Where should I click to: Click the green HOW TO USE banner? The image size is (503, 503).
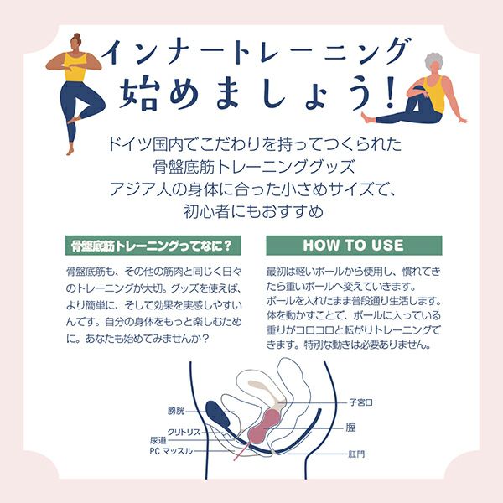(x=354, y=246)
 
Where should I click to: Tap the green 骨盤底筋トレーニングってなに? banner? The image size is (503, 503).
(x=153, y=246)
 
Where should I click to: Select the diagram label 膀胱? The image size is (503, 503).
(x=176, y=411)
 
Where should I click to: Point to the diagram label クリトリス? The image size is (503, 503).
(x=184, y=432)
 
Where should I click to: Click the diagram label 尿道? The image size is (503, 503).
(x=158, y=441)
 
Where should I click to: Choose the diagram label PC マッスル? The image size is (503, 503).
(x=171, y=451)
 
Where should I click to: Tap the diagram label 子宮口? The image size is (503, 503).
(x=360, y=402)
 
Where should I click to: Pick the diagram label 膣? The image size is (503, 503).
(x=350, y=428)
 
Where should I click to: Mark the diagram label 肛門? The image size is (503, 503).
(x=356, y=454)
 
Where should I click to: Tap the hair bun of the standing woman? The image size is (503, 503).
(x=77, y=36)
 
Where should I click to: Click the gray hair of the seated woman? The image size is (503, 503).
(x=433, y=61)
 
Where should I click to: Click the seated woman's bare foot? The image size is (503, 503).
(x=368, y=117)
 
